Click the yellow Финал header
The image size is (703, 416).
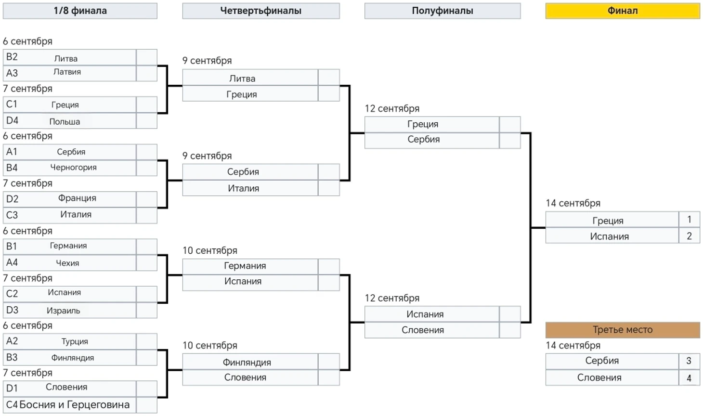coord(622,11)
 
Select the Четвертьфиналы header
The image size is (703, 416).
coord(260,11)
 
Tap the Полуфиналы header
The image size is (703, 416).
coord(442,11)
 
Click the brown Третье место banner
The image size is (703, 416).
coord(622,330)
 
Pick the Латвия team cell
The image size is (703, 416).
coord(67,72)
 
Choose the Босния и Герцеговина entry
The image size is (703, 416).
coord(75,404)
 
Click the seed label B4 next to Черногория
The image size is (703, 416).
coord(12,168)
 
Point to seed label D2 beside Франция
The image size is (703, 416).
coord(13,199)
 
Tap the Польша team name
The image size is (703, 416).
coord(65,121)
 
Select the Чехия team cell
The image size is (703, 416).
coord(67,263)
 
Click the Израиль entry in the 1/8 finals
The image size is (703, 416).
coord(63,311)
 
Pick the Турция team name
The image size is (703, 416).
coord(75,341)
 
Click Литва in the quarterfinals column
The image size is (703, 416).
coord(242,78)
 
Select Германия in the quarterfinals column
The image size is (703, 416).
coord(245,266)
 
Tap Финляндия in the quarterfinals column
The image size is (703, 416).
coord(247,363)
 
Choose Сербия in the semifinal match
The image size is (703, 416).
coord(423,140)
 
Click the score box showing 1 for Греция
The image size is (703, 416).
coord(689,220)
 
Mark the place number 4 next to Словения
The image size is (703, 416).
coord(689,378)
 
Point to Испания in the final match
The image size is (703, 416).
coord(609,236)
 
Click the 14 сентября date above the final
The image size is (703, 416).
coord(573,203)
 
